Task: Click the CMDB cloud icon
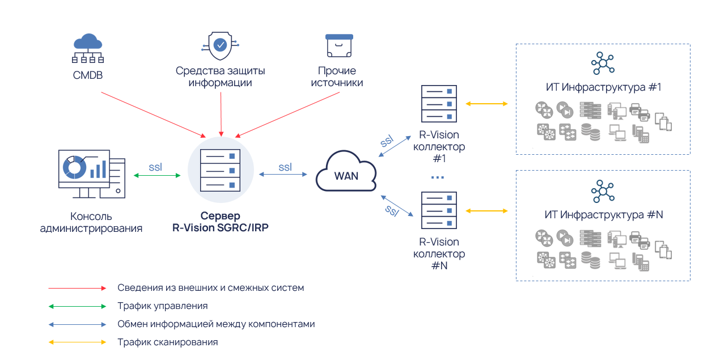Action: tap(88, 48)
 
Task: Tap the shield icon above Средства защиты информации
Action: tap(220, 45)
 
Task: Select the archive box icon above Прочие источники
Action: tap(340, 45)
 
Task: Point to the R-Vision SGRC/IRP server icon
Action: tap(221, 170)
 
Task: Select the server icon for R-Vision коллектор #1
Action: tap(439, 104)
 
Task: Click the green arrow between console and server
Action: tap(157, 176)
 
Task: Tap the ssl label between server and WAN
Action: tap(285, 167)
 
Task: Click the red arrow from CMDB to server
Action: tap(153, 113)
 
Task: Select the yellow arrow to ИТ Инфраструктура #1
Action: tap(486, 104)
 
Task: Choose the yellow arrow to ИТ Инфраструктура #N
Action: tap(486, 211)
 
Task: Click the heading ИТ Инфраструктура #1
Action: tap(603, 88)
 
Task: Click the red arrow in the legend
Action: tap(77, 288)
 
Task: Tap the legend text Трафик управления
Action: tap(163, 306)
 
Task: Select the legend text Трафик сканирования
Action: tap(168, 342)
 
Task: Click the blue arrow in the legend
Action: tap(77, 324)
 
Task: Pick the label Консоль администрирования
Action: tap(91, 222)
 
